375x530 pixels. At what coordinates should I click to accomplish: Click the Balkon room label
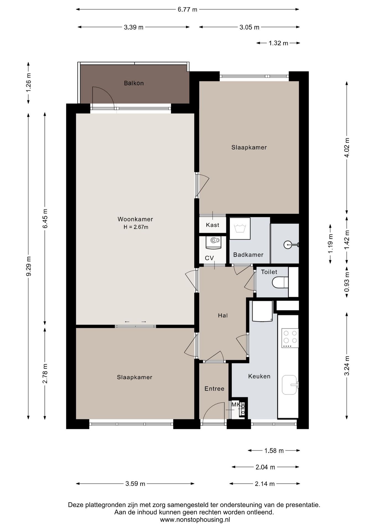134,83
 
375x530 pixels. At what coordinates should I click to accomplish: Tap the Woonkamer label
135,219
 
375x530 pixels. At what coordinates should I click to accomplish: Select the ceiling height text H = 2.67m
136,227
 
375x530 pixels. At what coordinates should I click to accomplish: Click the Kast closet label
213,225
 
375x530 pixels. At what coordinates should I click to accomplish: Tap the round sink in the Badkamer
287,244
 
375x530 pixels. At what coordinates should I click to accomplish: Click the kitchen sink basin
289,385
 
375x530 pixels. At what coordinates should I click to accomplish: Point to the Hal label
223,316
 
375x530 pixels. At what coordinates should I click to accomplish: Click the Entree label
214,389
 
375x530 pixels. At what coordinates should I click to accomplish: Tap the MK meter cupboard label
236,405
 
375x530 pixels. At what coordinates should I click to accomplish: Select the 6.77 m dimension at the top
187,9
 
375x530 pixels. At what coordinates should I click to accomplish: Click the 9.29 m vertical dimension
29,266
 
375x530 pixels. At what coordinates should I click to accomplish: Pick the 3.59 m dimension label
135,484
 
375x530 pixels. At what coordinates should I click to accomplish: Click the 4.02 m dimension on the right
347,147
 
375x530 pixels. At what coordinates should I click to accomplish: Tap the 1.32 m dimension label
278,43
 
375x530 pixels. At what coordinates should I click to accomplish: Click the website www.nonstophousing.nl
195,520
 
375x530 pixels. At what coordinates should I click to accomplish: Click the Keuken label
259,376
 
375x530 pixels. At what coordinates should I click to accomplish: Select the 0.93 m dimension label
347,282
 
